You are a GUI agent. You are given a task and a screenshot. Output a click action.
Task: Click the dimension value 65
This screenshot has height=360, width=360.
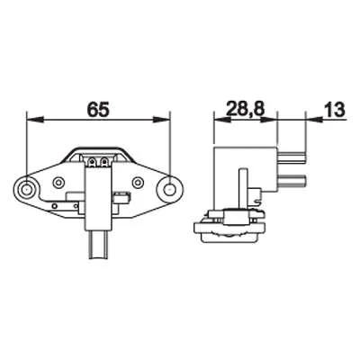click(x=98, y=110)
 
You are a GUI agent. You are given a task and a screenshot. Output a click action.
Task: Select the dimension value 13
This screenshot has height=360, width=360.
click(x=334, y=109)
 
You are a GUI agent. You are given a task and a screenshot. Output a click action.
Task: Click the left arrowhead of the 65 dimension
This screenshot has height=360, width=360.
click(x=35, y=120)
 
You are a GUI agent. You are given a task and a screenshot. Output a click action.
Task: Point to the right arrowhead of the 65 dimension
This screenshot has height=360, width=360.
click(x=162, y=120)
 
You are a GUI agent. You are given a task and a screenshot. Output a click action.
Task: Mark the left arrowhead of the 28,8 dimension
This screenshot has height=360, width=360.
click(x=221, y=120)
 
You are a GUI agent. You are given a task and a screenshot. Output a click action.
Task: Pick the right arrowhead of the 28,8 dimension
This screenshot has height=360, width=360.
click(x=268, y=120)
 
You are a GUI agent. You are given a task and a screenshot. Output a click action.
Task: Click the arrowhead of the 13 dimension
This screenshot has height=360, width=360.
click(x=314, y=120)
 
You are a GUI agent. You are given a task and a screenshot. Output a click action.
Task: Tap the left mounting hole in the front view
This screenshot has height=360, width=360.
click(x=27, y=189)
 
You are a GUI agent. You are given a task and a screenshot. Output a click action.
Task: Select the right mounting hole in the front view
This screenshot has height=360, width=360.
click(x=170, y=189)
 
